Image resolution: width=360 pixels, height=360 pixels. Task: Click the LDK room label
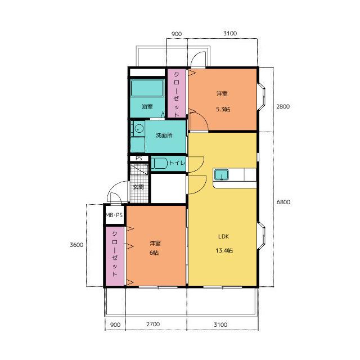(223, 236)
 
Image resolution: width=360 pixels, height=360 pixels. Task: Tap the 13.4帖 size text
(224, 250)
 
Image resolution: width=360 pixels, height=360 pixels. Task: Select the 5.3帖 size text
(223, 109)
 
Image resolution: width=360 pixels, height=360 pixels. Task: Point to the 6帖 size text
(154, 253)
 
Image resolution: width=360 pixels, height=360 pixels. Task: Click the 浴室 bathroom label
(147, 106)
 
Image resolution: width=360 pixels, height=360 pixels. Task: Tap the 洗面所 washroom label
(164, 135)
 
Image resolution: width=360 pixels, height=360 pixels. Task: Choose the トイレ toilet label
(177, 163)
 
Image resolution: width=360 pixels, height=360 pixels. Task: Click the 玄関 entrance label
(138, 187)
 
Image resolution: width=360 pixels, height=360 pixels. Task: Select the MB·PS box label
(114, 215)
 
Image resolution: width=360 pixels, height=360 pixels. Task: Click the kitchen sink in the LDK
(221, 175)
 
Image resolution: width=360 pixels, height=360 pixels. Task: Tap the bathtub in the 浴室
(147, 88)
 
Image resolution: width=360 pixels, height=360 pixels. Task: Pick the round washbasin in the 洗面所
(139, 129)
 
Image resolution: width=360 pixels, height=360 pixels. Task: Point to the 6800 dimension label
(283, 202)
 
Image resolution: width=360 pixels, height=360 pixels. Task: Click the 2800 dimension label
(283, 106)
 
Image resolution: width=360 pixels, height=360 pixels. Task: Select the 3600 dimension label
(76, 245)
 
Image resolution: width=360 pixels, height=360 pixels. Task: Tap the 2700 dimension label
(153, 324)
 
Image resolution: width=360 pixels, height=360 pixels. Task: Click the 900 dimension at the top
(177, 34)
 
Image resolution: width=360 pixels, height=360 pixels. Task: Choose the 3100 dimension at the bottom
(220, 325)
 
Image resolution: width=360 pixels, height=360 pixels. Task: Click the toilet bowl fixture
(160, 164)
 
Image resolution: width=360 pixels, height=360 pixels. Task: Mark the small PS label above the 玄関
(139, 159)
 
